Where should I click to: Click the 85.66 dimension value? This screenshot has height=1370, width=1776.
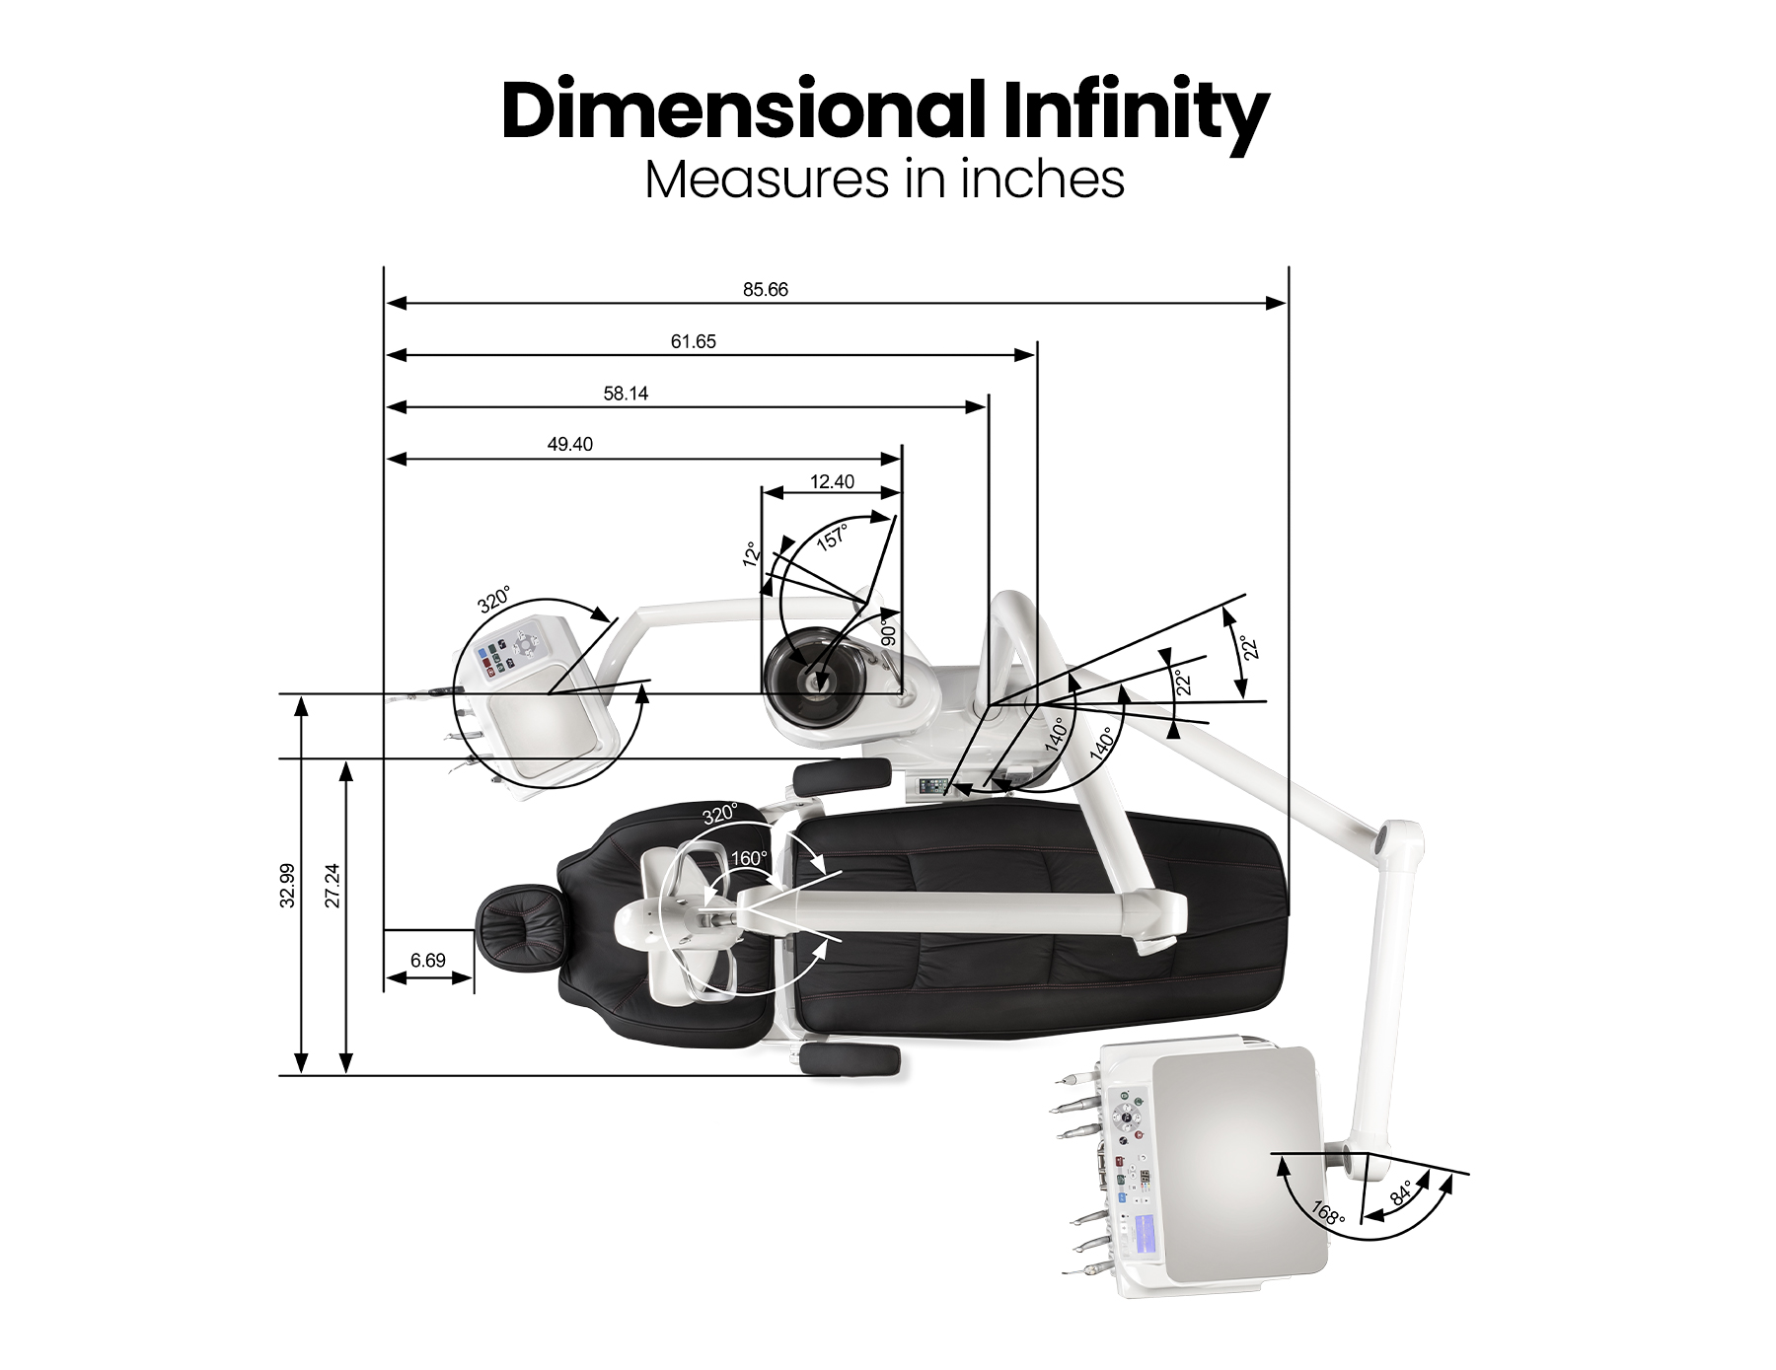tap(766, 290)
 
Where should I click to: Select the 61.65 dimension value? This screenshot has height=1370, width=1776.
tap(694, 342)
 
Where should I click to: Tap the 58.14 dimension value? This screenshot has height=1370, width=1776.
tap(626, 394)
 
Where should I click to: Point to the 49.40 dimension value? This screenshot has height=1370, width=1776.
tap(570, 445)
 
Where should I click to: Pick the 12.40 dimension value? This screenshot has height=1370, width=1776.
tap(832, 482)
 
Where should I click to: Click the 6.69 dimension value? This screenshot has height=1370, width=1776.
tap(428, 961)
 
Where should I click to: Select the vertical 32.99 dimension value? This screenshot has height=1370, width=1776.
tap(287, 886)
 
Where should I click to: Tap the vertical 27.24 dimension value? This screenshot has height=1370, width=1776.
tap(333, 886)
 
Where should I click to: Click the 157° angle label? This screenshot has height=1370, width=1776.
tap(832, 538)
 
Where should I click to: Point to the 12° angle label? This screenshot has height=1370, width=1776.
tap(752, 554)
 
